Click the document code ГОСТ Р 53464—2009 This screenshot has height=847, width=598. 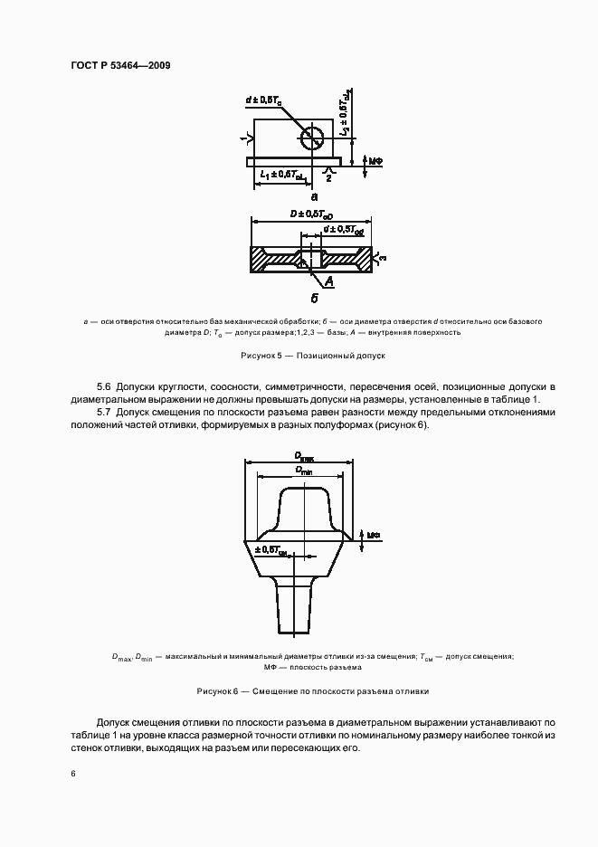[x=120, y=66]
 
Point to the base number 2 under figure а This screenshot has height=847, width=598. [x=328, y=178]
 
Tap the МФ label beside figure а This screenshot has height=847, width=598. [x=375, y=161]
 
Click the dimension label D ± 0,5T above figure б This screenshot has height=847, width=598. [x=311, y=214]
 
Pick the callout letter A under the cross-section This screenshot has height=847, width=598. [x=329, y=283]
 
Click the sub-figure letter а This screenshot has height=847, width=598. [x=314, y=195]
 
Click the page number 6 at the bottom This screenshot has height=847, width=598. [x=72, y=773]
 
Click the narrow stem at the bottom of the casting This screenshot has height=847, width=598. [x=294, y=611]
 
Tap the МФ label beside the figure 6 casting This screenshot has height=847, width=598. [x=373, y=535]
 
